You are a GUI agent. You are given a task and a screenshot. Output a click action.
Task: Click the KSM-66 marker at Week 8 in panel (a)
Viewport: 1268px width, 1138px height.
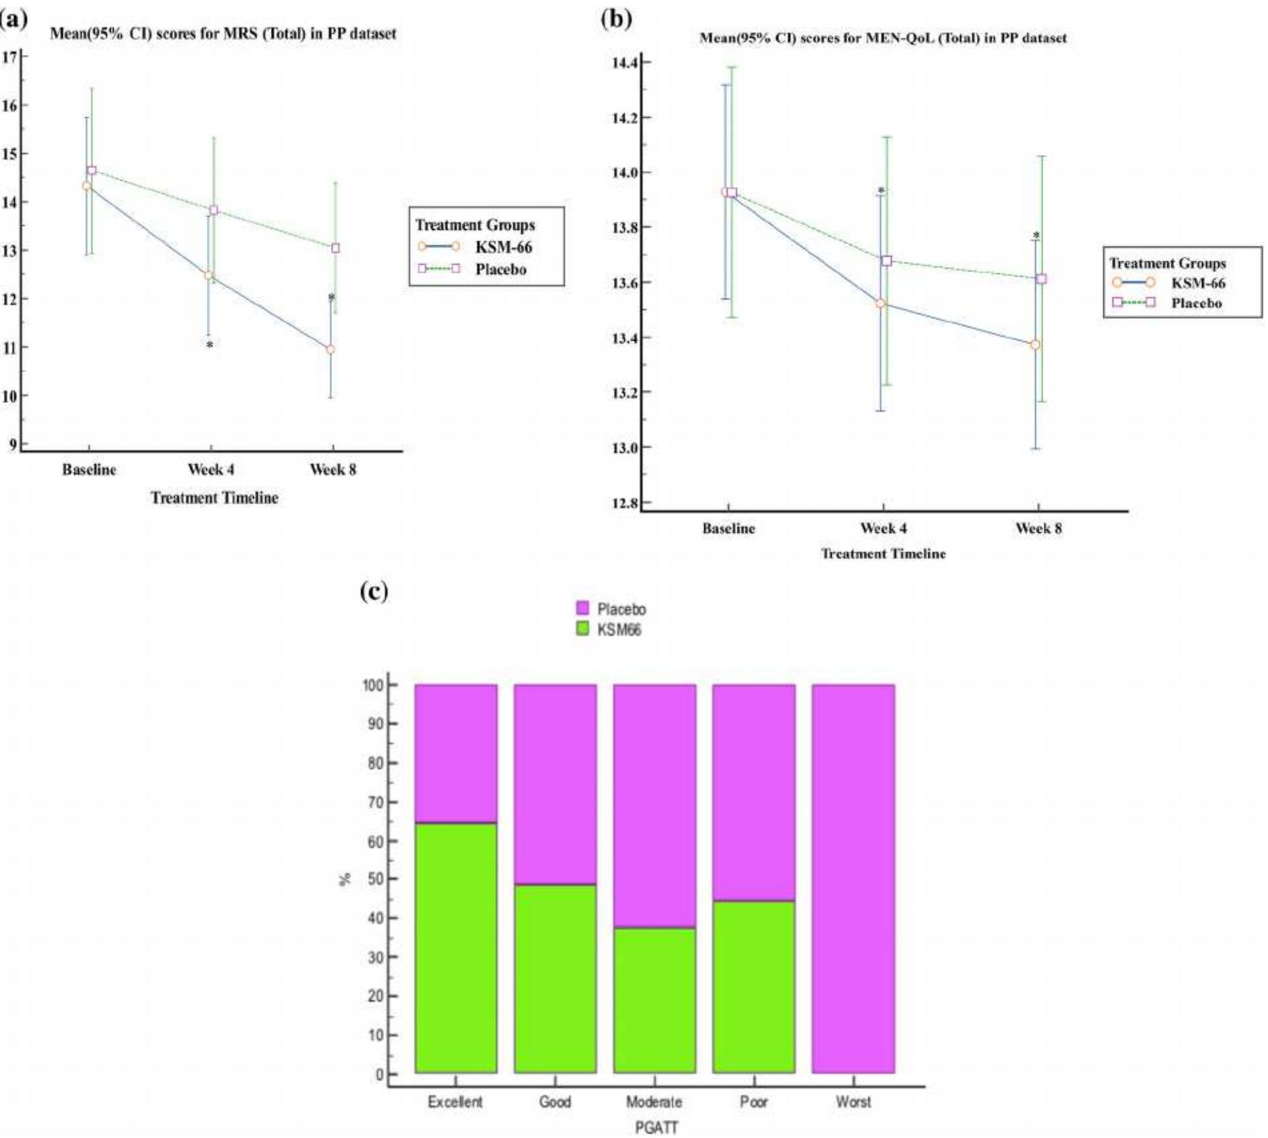click(x=331, y=350)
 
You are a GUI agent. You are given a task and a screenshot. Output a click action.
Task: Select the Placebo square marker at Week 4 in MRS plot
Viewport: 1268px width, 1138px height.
click(x=214, y=210)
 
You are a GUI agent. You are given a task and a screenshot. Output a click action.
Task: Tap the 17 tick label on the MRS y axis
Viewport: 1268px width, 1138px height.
click(x=10, y=57)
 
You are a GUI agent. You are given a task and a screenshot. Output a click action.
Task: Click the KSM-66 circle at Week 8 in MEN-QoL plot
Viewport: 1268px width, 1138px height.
click(x=1035, y=345)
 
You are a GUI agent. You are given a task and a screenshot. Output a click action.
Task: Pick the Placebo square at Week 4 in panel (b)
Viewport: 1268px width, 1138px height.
click(x=887, y=261)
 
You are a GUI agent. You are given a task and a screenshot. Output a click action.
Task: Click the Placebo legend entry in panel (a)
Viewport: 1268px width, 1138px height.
click(x=500, y=270)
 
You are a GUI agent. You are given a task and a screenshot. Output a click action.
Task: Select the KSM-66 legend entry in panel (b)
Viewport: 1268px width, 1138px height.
click(x=1198, y=283)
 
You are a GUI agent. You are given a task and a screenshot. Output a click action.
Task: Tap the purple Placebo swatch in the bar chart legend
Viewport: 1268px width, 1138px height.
click(x=582, y=608)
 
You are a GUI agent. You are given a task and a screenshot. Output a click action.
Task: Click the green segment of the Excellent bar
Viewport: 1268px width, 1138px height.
click(x=456, y=948)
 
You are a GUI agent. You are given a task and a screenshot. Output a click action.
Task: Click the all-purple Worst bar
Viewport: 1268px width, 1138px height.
click(x=853, y=877)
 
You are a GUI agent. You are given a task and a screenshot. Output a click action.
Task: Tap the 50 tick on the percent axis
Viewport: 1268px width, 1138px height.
click(x=375, y=879)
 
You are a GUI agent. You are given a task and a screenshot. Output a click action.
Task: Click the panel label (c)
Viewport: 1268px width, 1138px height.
click(x=374, y=591)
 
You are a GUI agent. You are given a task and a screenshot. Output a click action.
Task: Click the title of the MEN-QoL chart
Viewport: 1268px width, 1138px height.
click(x=883, y=38)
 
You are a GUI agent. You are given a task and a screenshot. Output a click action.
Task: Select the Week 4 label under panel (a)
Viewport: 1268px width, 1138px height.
click(x=211, y=470)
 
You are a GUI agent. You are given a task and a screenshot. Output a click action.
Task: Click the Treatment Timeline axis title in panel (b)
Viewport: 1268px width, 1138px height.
click(x=883, y=554)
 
